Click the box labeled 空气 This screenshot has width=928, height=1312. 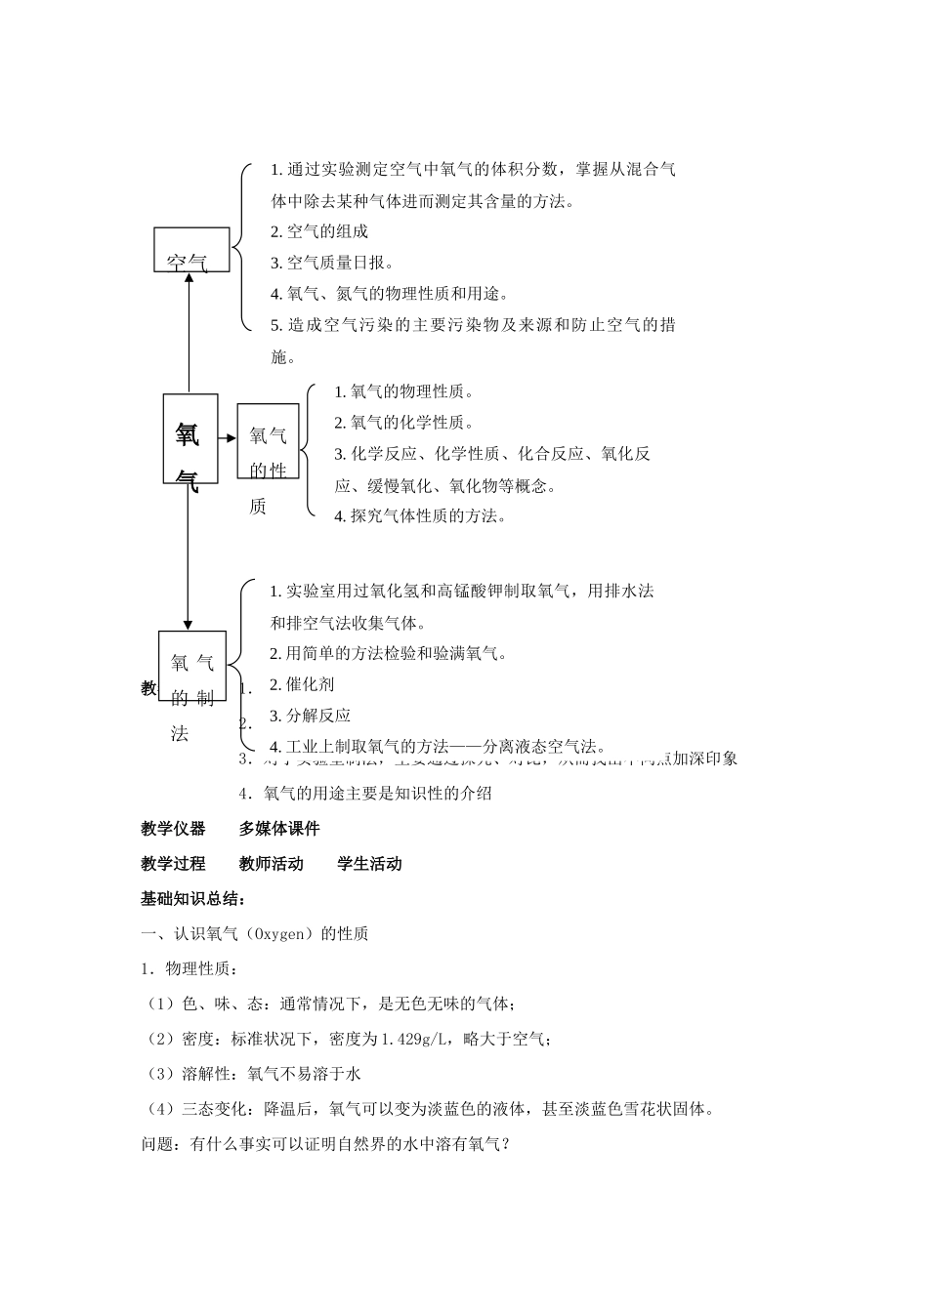point(191,250)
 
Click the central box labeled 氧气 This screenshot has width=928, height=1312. point(190,438)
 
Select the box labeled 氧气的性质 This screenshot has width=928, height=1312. point(268,441)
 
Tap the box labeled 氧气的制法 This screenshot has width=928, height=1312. point(192,666)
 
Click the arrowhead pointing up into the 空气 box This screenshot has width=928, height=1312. point(190,277)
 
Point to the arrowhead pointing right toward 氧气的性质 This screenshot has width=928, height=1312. point(232,438)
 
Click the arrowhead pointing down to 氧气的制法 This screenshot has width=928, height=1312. point(188,624)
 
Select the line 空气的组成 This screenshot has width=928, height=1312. point(319,231)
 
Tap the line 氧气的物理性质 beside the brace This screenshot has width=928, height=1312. point(403,391)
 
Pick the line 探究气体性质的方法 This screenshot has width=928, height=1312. point(420,515)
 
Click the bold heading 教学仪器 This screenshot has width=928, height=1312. point(173,829)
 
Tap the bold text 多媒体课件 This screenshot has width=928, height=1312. point(279,829)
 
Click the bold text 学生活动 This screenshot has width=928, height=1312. point(369,864)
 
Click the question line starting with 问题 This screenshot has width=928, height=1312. point(326,1144)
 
